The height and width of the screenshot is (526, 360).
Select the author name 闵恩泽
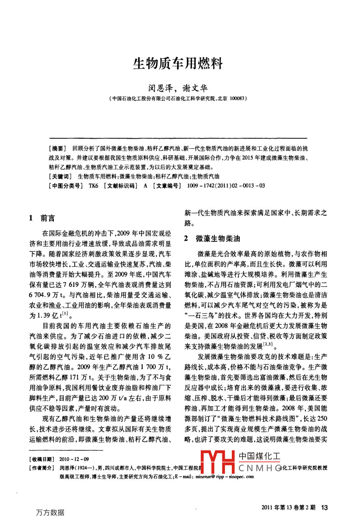(158, 88)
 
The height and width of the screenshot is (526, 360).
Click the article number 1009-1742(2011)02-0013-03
(223, 186)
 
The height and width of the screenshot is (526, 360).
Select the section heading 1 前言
(42, 218)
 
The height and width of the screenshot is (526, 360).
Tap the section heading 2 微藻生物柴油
(212, 239)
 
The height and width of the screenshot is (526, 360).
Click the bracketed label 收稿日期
(42, 459)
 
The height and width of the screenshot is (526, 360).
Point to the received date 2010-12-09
(74, 459)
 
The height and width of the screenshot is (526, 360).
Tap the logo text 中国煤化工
(259, 457)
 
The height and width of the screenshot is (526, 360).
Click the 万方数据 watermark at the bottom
(50, 512)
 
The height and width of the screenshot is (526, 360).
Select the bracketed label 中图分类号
(65, 186)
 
